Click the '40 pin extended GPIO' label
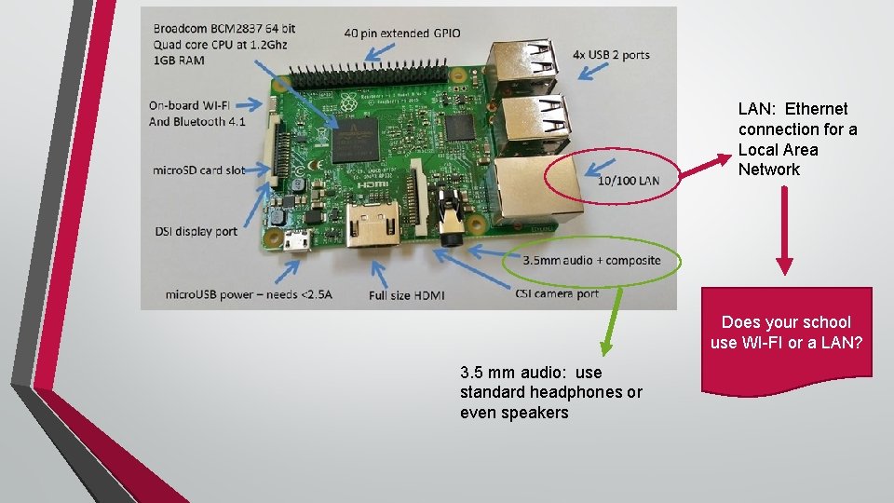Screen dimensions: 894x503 [x=402, y=33]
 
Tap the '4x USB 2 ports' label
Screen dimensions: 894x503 [x=612, y=55]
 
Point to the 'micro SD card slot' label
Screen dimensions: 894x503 [x=198, y=170]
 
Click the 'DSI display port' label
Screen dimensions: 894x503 [x=195, y=231]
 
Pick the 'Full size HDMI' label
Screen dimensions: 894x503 [x=406, y=295]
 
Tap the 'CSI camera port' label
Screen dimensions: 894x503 [x=557, y=293]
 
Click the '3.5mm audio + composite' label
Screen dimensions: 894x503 [x=591, y=260]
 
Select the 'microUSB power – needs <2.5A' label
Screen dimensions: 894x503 [x=249, y=294]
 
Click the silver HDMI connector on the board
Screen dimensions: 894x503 [x=372, y=228]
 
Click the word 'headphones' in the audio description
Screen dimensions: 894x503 [x=577, y=392]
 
